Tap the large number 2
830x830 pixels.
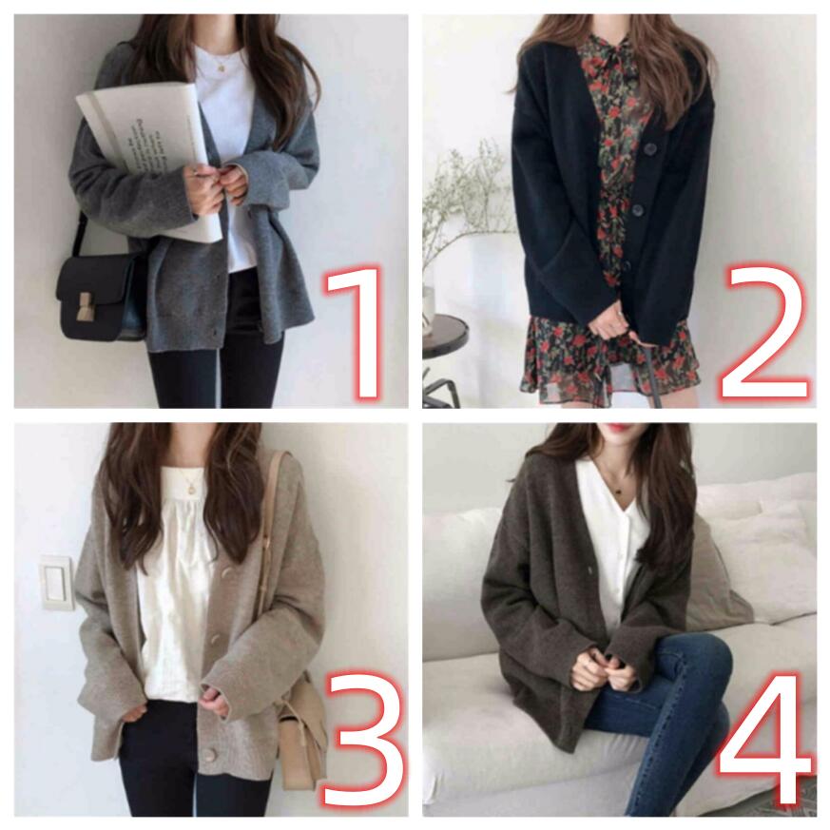tap(762, 334)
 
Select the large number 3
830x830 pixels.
tap(362, 739)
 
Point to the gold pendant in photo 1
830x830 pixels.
tap(222, 68)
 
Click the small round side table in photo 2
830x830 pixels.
tap(445, 331)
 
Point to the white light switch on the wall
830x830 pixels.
tap(56, 582)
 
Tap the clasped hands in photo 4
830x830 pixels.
tap(604, 669)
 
